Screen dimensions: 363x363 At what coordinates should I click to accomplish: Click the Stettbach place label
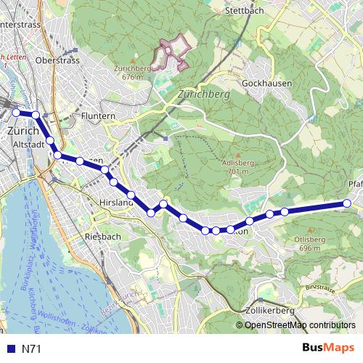(243, 11)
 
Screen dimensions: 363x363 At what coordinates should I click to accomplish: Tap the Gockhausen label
(267, 83)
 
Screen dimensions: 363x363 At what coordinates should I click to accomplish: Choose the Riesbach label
(100, 237)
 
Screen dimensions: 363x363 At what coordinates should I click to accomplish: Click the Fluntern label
(99, 116)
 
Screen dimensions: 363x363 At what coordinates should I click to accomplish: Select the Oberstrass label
(56, 60)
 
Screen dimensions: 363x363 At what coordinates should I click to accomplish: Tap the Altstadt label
(29, 144)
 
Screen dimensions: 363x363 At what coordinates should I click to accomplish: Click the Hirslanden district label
(115, 203)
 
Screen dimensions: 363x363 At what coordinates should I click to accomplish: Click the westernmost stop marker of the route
(16, 112)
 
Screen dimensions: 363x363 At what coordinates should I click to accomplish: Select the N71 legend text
(32, 349)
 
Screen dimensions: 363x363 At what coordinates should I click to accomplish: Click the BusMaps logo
(327, 348)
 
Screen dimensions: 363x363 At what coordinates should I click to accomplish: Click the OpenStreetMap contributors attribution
(300, 325)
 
